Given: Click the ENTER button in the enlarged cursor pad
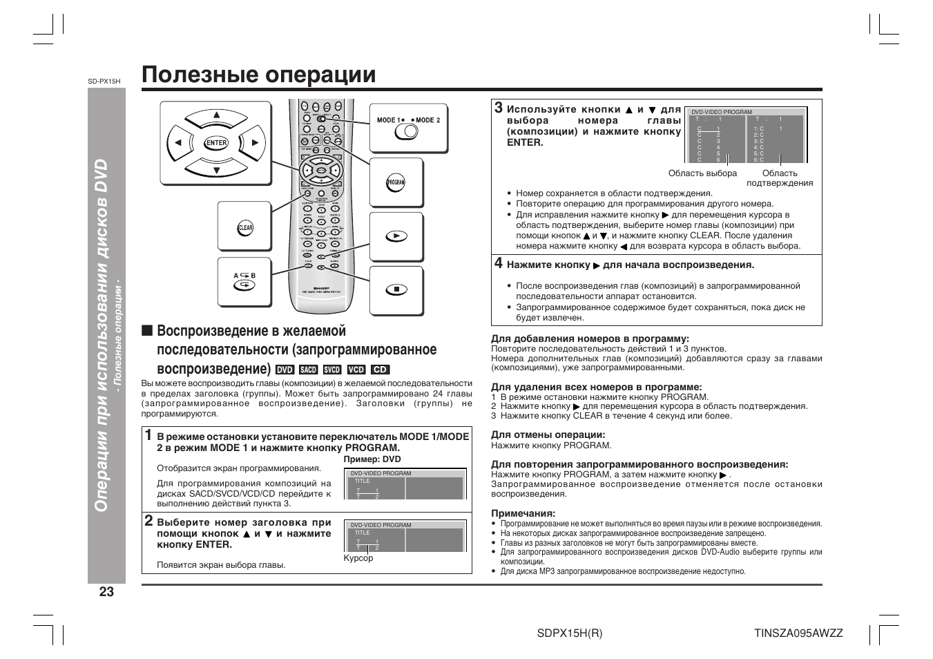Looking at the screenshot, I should (x=216, y=143).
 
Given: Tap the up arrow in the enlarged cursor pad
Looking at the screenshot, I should (x=216, y=115).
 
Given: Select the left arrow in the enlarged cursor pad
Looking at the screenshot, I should (x=178, y=143).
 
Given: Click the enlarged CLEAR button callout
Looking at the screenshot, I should (x=245, y=228).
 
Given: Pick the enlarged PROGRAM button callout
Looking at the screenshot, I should (x=396, y=183).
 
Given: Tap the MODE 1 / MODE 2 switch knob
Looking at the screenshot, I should (x=406, y=131).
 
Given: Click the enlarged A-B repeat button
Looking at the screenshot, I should (x=244, y=284).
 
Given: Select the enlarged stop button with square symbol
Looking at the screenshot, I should (x=396, y=289).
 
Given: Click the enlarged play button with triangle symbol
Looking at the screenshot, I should (x=396, y=236).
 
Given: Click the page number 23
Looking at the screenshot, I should (x=106, y=592).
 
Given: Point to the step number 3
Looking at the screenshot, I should (x=498, y=108).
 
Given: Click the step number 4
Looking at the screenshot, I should (x=498, y=263).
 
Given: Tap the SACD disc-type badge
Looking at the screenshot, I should (x=308, y=370).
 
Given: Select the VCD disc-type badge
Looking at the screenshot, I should (x=356, y=370).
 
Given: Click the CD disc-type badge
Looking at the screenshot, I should (x=380, y=370).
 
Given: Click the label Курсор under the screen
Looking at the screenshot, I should (x=358, y=558).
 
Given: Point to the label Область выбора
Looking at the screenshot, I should (x=702, y=173).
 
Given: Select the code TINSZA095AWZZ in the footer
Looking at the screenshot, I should (x=798, y=633).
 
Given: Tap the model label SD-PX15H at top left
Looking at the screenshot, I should (x=104, y=81).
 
